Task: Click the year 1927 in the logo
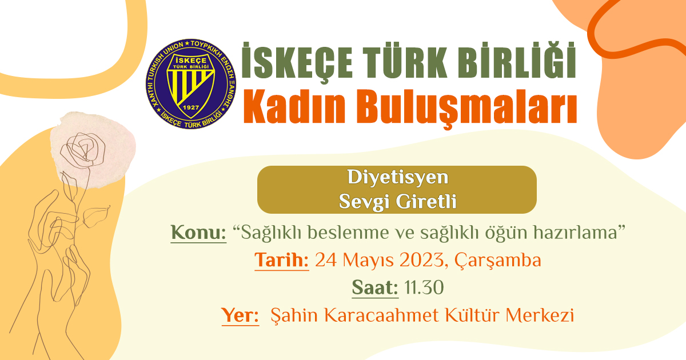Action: click(190, 107)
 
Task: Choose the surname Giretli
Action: click(426, 201)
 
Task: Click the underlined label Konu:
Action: click(198, 233)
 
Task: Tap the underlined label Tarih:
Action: click(281, 261)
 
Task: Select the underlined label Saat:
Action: click(375, 288)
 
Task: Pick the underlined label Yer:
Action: click(240, 315)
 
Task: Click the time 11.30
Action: click(424, 288)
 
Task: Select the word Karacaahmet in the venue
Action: click(381, 315)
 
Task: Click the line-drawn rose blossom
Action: click(82, 150)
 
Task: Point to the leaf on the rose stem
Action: click(96, 216)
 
